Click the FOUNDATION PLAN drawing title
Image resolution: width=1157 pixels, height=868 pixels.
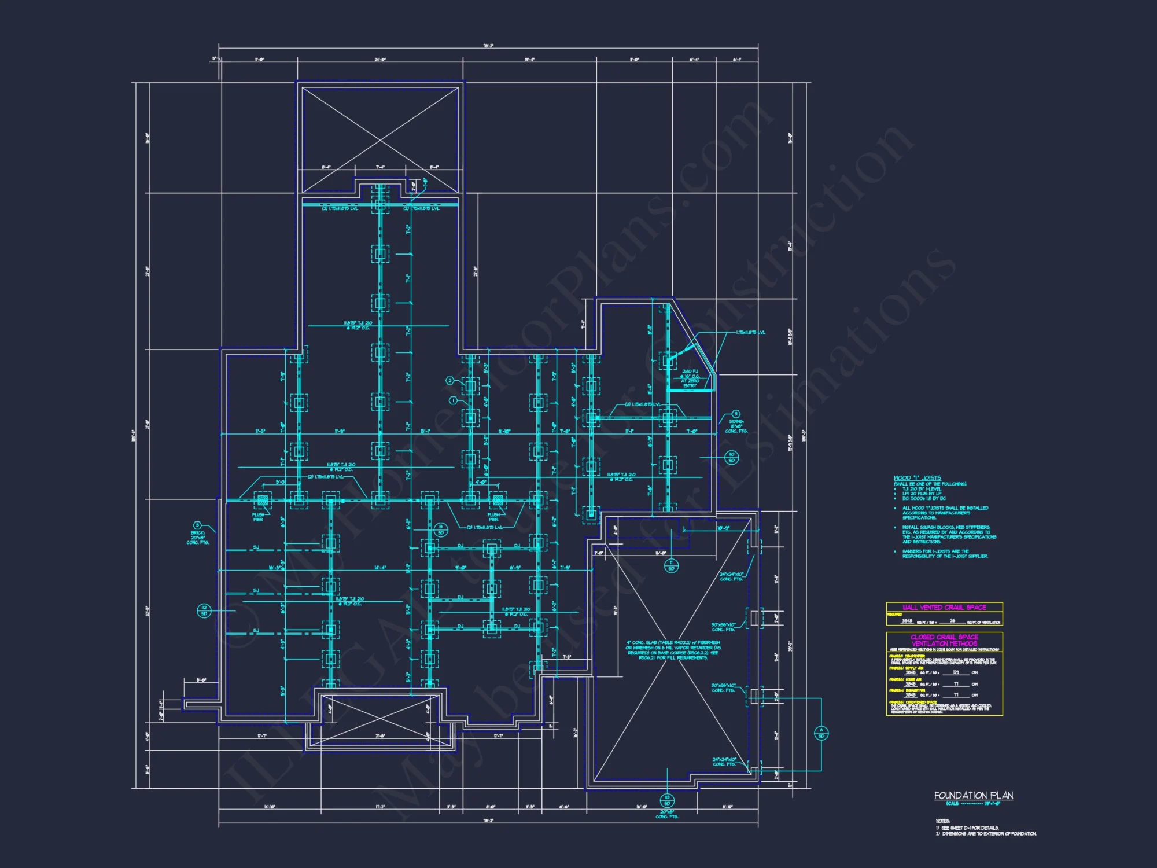[974, 796]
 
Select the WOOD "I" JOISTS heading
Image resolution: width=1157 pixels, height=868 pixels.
[917, 478]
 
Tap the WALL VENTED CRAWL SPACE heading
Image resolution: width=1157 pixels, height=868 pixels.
[944, 607]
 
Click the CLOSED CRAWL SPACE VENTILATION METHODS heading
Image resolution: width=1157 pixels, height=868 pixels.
[944, 640]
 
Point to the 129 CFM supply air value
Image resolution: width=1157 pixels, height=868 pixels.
[956, 672]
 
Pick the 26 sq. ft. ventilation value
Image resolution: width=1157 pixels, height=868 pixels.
[952, 621]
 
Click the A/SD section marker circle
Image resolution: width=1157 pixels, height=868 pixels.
[821, 733]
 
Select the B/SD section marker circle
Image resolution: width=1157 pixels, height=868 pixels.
[441, 529]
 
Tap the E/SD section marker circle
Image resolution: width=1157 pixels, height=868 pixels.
[671, 565]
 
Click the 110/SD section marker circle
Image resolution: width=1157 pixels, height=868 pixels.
[731, 457]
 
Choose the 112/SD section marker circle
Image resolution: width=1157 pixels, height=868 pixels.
[204, 610]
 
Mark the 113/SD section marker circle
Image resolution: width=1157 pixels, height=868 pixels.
[667, 800]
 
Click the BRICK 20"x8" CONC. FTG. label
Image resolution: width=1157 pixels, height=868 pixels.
[197, 538]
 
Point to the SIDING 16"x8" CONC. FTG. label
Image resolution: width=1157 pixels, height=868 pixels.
[736, 426]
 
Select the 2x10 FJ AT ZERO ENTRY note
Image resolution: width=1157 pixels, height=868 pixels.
[690, 378]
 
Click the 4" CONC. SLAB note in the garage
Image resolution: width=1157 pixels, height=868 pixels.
[673, 650]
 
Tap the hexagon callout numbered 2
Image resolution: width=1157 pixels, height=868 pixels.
[450, 381]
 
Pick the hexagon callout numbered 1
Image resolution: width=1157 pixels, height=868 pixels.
[454, 400]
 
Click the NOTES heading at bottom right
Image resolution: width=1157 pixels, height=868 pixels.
[942, 821]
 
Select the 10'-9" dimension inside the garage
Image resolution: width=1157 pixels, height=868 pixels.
[723, 528]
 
